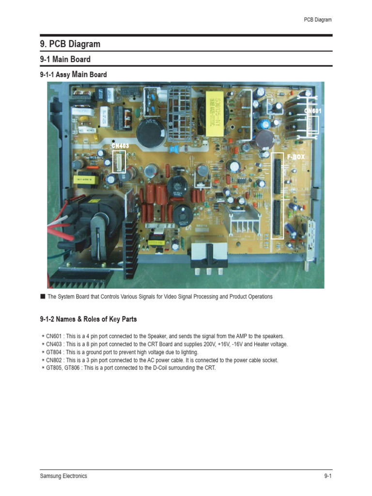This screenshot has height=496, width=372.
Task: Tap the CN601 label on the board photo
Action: click(x=313, y=111)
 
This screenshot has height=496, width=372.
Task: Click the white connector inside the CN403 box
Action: click(x=119, y=161)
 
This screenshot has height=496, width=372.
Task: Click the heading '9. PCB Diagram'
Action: click(x=70, y=44)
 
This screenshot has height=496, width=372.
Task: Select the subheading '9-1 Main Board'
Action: click(x=65, y=60)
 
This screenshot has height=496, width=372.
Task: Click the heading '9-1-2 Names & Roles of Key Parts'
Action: click(x=88, y=319)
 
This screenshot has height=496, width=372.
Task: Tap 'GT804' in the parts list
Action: click(x=54, y=352)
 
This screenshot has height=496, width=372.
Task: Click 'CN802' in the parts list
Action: click(x=54, y=360)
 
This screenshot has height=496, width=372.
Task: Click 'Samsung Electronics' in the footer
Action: click(x=63, y=476)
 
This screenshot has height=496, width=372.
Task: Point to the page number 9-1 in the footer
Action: click(x=327, y=476)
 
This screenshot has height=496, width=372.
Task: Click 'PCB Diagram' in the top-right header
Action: click(x=318, y=20)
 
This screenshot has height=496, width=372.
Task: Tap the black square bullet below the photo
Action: click(x=43, y=296)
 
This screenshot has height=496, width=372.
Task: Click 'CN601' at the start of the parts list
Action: click(x=54, y=336)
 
